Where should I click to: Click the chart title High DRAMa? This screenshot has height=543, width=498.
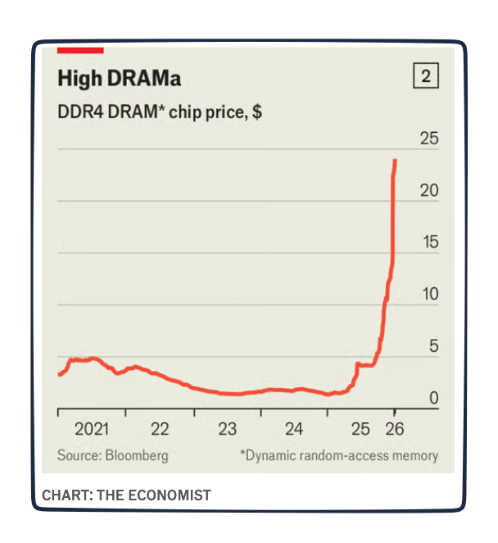click(119, 80)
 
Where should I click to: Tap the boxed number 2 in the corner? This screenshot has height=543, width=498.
click(425, 77)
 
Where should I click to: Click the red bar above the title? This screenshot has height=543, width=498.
click(80, 50)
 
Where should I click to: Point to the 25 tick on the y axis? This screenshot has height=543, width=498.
click(429, 139)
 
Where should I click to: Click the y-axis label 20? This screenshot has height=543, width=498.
click(429, 190)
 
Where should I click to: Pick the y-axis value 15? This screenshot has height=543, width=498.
click(429, 242)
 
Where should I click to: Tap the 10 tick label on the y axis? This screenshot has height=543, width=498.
click(429, 294)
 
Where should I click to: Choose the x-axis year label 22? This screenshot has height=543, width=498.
click(161, 429)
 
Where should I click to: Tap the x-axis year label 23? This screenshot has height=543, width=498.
click(228, 429)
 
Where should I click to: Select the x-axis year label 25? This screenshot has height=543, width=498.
click(360, 429)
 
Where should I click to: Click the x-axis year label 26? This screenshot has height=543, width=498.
click(394, 429)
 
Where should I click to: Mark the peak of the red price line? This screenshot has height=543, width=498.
click(396, 160)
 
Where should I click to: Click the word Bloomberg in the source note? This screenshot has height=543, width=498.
click(137, 455)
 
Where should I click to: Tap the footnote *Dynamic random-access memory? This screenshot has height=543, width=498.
click(338, 455)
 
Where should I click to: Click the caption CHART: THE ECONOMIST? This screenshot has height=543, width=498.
click(126, 495)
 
